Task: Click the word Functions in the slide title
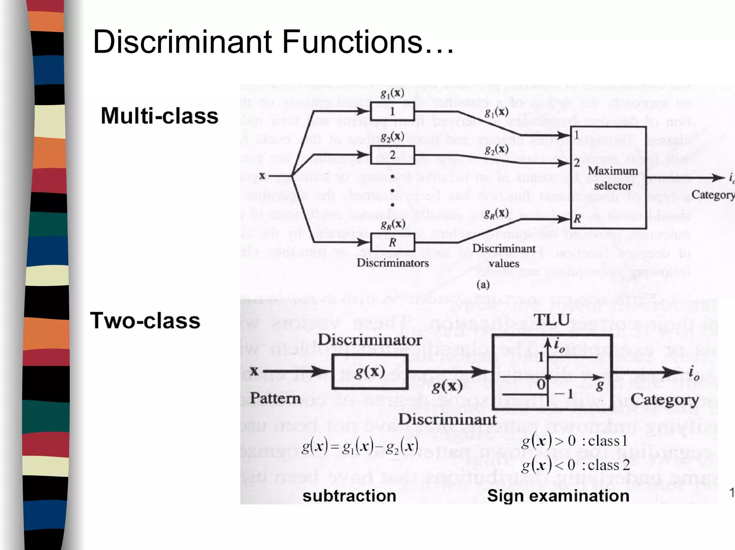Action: coord(352,42)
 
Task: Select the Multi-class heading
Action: coord(159,116)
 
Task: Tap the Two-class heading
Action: coord(145,321)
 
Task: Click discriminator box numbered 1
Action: coord(392,111)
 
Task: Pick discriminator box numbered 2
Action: coord(392,155)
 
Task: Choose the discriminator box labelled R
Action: coord(392,242)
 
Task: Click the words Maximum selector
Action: coord(612,178)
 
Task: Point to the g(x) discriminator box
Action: coord(370,372)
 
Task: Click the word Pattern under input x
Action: coord(275,398)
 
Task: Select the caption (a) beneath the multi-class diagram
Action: coord(483,285)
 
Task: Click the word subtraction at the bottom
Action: coord(349,496)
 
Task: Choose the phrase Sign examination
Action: coord(558,496)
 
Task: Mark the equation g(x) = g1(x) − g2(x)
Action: coord(360,447)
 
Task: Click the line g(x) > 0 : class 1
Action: coord(574,441)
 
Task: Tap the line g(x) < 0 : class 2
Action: coord(575,465)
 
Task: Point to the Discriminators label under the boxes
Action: coord(393,263)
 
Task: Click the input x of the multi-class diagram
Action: coord(262,176)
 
